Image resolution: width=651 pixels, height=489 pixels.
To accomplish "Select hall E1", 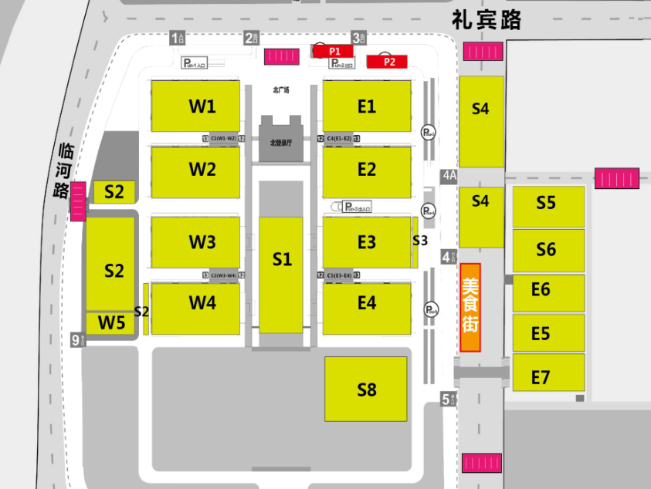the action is pyautogui.click(x=367, y=106).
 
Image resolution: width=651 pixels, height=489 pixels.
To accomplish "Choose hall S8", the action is pyautogui.click(x=366, y=389).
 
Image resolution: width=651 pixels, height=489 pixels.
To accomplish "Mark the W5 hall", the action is pyautogui.click(x=110, y=323).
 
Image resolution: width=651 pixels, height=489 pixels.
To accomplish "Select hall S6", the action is pyautogui.click(x=548, y=249).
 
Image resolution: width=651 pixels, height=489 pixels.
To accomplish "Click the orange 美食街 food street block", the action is pyautogui.click(x=470, y=307).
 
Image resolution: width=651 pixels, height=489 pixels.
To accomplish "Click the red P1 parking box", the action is pyautogui.click(x=334, y=50).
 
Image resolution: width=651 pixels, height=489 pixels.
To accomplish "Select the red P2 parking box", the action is pyautogui.click(x=389, y=62).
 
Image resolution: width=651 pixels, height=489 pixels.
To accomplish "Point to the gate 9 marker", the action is pyautogui.click(x=76, y=339).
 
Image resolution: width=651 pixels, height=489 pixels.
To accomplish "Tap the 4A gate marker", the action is pyautogui.click(x=449, y=176).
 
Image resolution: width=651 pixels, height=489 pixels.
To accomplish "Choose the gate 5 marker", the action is pyautogui.click(x=446, y=399).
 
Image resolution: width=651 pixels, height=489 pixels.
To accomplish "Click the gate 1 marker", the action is pyautogui.click(x=178, y=37).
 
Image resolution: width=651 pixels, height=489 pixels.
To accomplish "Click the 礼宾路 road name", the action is pyautogui.click(x=487, y=19).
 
